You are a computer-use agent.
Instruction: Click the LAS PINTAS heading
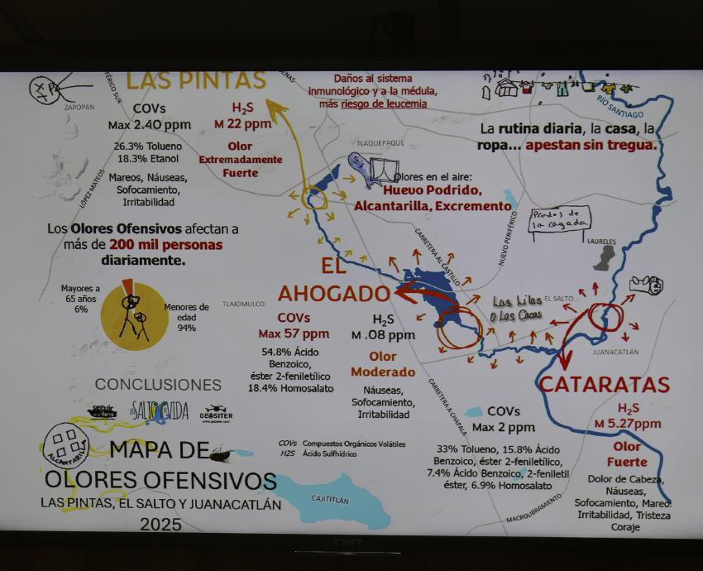pyautogui.click(x=196, y=81)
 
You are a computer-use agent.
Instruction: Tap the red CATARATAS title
pyautogui.click(x=604, y=385)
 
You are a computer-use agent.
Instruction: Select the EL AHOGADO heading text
pyautogui.click(x=333, y=281)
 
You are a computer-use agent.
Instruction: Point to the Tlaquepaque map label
pyautogui.click(x=380, y=142)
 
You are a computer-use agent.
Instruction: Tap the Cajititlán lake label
pyautogui.click(x=330, y=500)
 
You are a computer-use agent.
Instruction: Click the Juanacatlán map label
pyautogui.click(x=616, y=352)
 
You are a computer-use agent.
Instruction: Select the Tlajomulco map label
pyautogui.click(x=243, y=304)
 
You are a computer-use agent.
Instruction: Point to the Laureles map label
pyautogui.click(x=601, y=242)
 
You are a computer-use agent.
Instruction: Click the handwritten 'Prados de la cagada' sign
pyautogui.click(x=560, y=219)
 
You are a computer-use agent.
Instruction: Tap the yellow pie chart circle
pyautogui.click(x=134, y=316)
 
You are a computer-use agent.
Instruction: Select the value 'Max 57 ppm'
pyautogui.click(x=294, y=334)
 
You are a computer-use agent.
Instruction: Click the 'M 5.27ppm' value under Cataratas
pyautogui.click(x=628, y=425)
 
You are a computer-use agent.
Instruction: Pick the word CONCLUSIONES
pyautogui.click(x=158, y=385)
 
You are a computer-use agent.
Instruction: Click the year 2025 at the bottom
pyautogui.click(x=161, y=524)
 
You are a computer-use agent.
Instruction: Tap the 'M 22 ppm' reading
pyautogui.click(x=243, y=124)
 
